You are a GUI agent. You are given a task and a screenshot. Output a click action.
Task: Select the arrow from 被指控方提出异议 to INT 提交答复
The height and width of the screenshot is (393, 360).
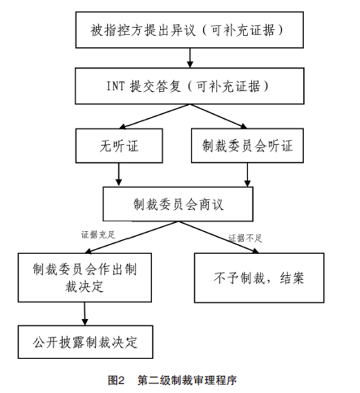point(189,57)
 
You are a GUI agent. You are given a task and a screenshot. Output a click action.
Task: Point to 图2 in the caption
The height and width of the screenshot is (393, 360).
point(115,380)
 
